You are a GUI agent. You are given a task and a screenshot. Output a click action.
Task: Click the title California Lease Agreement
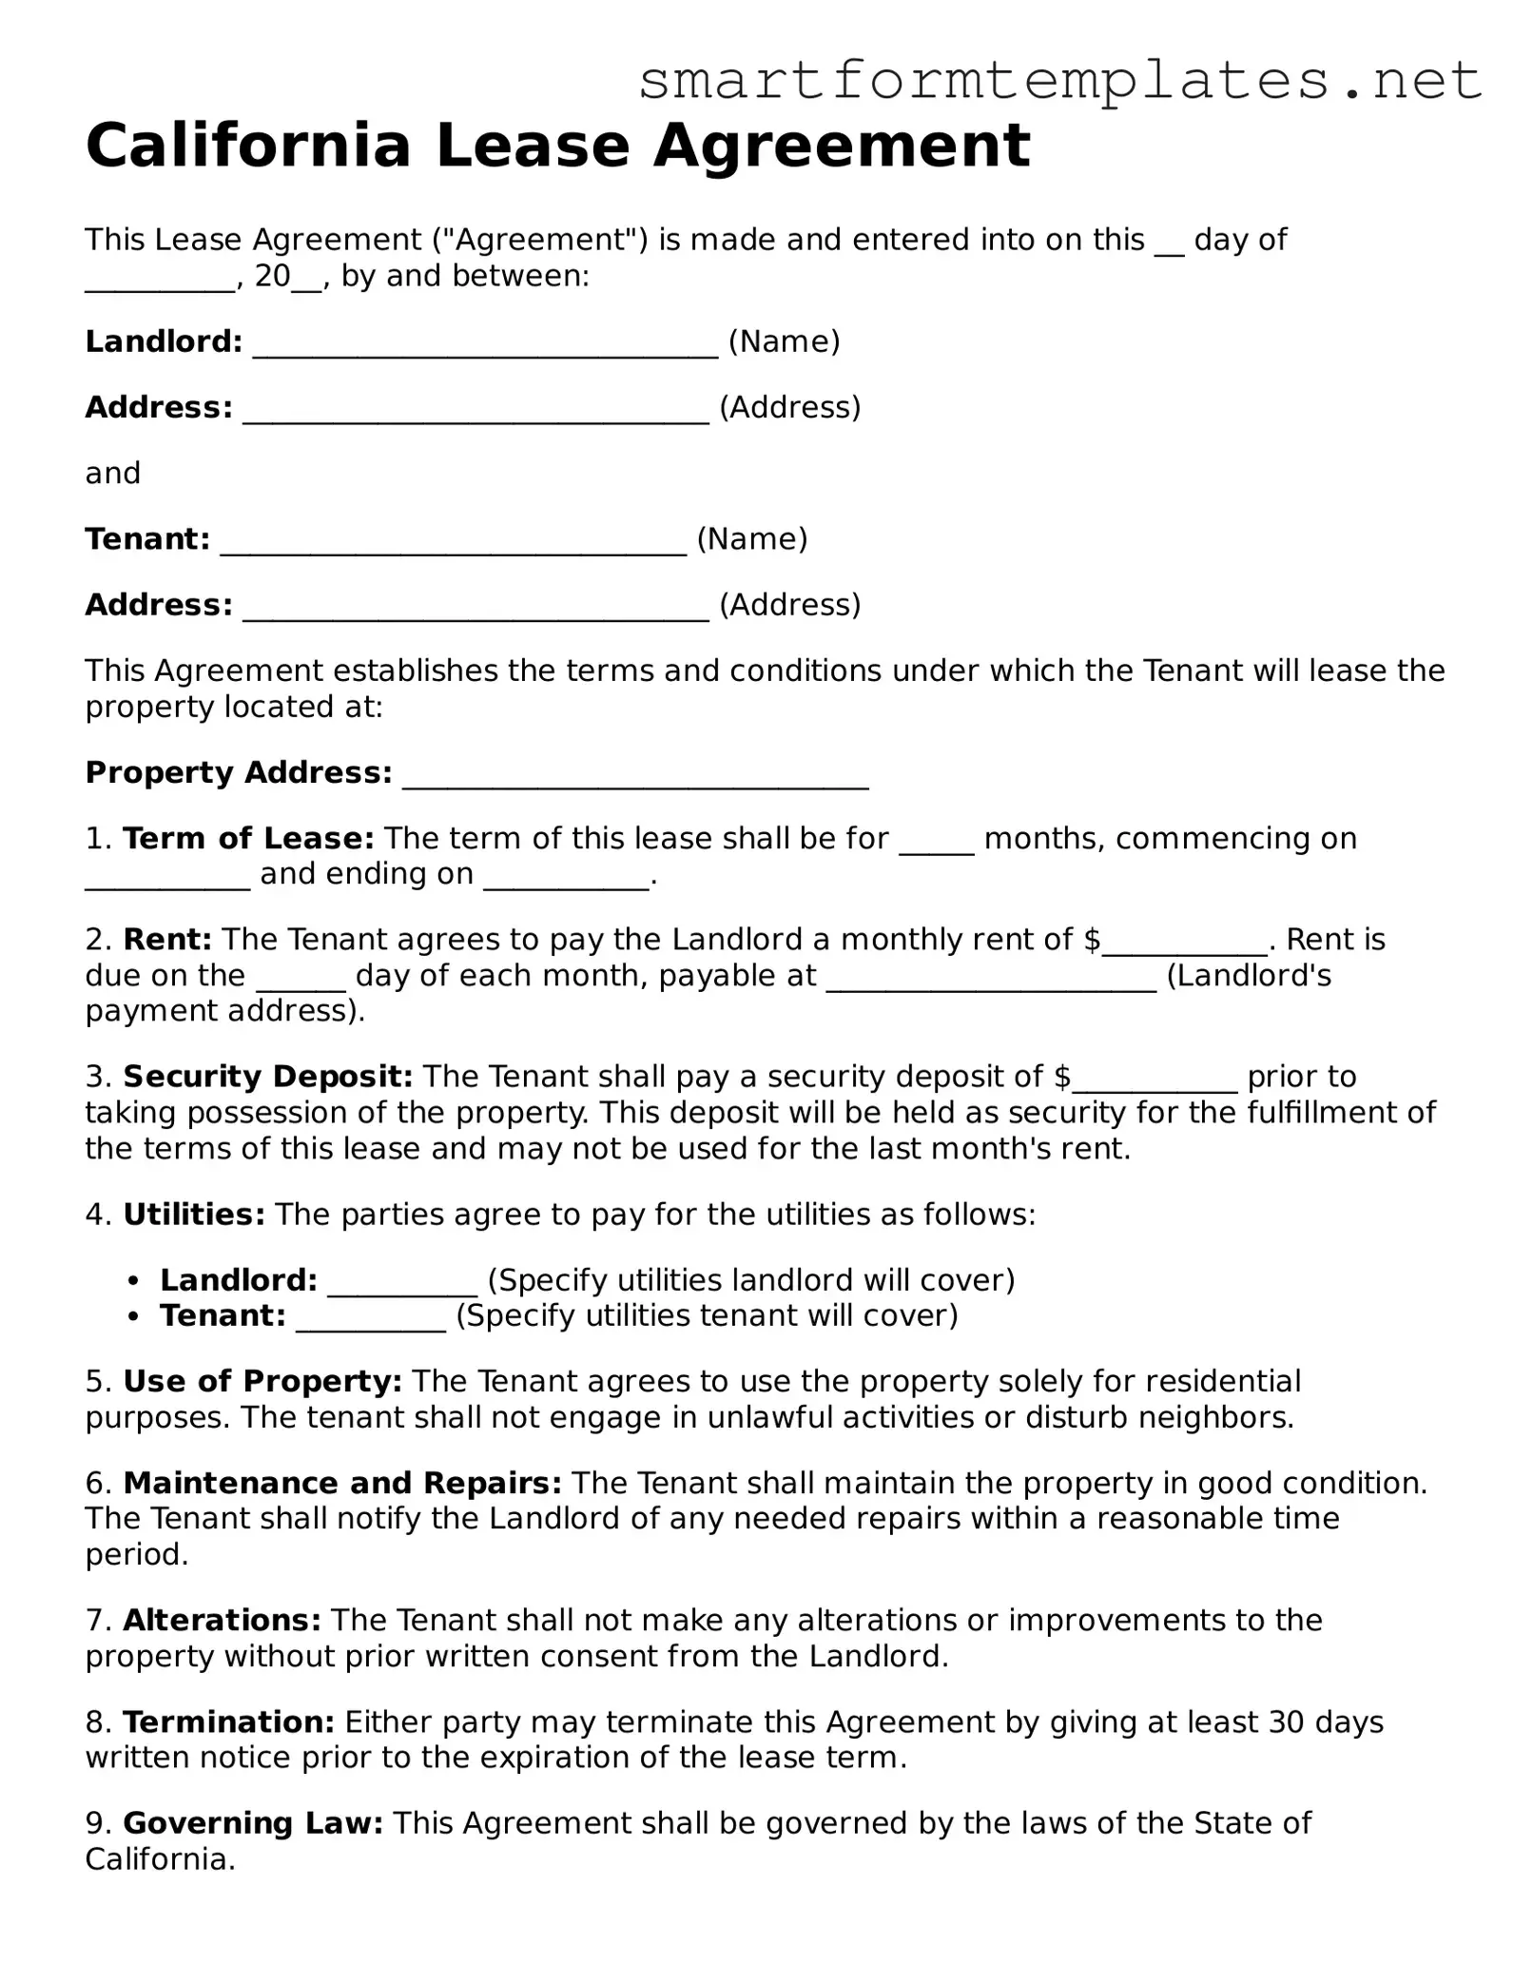(557, 146)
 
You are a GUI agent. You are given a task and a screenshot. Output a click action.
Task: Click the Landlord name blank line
(485, 344)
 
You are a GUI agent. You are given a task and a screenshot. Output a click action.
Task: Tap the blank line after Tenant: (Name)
(453, 542)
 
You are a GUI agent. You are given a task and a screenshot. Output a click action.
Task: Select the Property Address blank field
(635, 775)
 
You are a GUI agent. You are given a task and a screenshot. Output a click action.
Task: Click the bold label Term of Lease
(248, 838)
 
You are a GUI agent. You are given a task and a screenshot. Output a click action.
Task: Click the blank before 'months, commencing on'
(937, 841)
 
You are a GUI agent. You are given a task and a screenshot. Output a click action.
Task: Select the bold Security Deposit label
(267, 1077)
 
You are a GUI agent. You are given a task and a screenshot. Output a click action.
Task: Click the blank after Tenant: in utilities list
(371, 1319)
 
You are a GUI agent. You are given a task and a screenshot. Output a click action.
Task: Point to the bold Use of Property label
(262, 1381)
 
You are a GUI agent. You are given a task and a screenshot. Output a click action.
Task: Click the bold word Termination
(228, 1721)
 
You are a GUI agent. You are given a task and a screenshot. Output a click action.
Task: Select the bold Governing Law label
(253, 1823)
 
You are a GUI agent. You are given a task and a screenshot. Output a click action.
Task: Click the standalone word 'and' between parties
(113, 473)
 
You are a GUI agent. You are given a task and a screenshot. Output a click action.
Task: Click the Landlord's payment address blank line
(991, 979)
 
